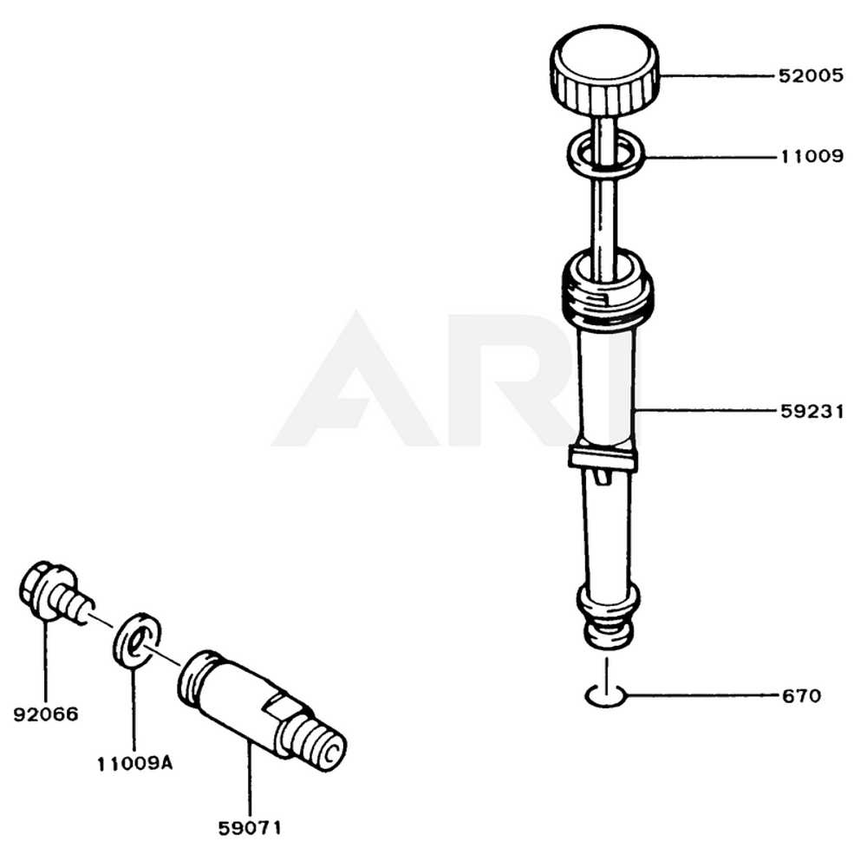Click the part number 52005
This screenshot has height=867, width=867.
[x=811, y=75]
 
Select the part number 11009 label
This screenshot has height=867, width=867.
[x=811, y=157]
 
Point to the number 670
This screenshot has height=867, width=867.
[x=800, y=695]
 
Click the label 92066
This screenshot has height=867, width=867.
[x=46, y=714]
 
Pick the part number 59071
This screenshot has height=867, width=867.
[x=250, y=827]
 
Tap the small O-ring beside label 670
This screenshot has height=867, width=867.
[x=605, y=695]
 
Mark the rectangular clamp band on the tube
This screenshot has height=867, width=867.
[x=603, y=460]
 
